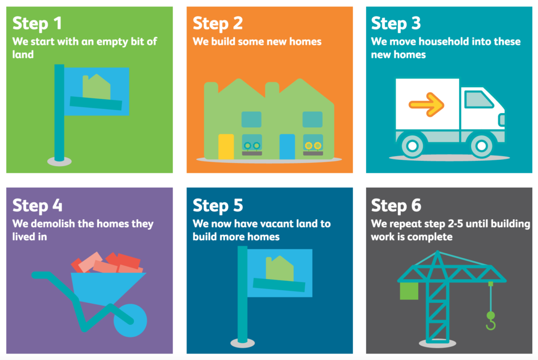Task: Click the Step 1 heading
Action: tap(37, 23)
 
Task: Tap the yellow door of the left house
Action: tap(226, 147)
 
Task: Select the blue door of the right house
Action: tap(287, 147)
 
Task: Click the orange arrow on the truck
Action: tap(427, 105)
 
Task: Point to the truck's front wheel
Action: tap(481, 146)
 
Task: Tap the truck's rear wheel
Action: tap(412, 146)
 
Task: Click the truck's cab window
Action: tap(479, 99)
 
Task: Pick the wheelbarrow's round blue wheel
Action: tap(130, 321)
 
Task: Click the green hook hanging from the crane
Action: tap(491, 321)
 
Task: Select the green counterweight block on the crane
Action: tap(409, 291)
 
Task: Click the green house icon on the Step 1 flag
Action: tap(97, 87)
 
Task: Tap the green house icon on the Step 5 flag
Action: tap(280, 269)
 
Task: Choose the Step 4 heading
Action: tap(37, 205)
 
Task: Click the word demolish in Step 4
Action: tap(53, 224)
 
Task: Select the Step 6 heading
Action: tap(396, 205)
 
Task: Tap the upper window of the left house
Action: tap(252, 119)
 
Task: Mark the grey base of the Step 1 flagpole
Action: tap(59, 161)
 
